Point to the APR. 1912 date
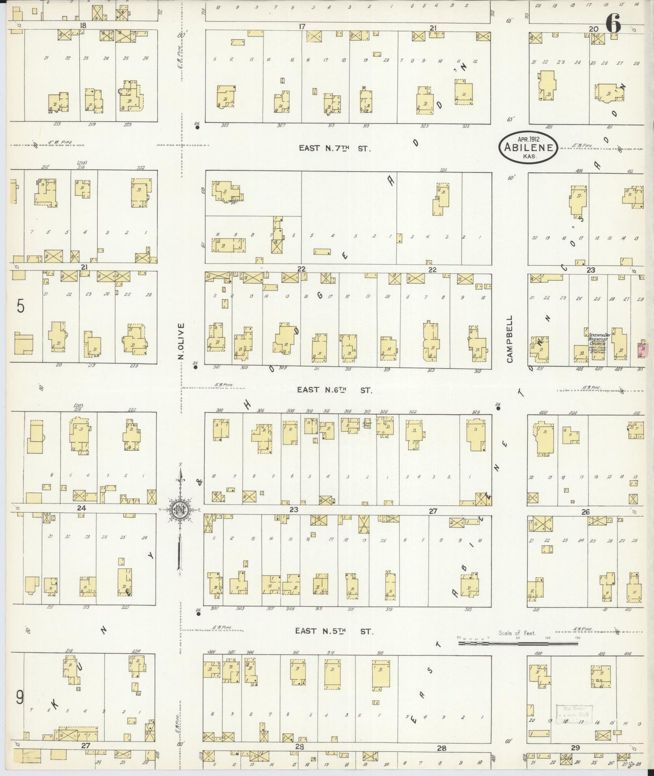coord(528,139)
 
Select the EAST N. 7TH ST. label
coord(334,148)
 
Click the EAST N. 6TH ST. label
coord(334,390)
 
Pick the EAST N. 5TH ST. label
coord(334,631)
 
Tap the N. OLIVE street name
coord(181,341)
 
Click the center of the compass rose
coord(181,510)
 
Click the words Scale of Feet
coord(517,633)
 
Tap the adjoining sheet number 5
coord(20,307)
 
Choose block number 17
coord(301,27)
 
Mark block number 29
coord(575,747)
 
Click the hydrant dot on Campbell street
coord(498,408)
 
